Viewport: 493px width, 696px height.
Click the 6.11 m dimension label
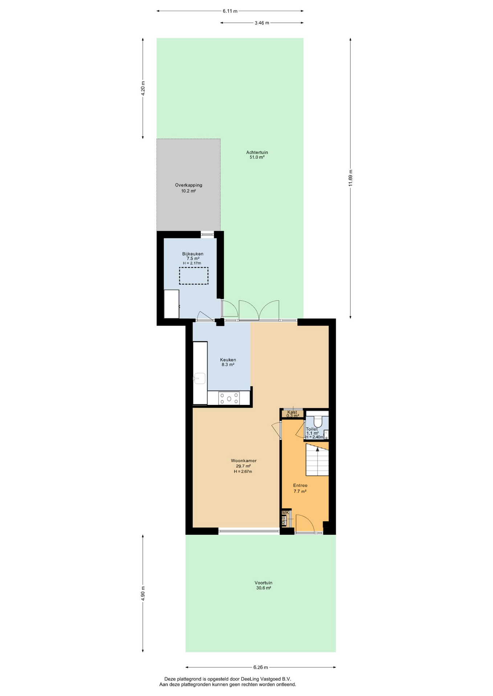tap(230, 11)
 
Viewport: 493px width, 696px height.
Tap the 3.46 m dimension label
tap(262, 23)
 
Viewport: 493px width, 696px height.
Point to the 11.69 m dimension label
tap(350, 178)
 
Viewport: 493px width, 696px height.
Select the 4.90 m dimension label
tap(143, 593)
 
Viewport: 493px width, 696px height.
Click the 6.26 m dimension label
tap(261, 667)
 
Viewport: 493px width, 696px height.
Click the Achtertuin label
tap(257, 152)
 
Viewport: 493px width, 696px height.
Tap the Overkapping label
tap(188, 185)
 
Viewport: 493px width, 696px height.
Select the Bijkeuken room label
tap(193, 254)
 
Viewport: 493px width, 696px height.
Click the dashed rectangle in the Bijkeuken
tap(193, 276)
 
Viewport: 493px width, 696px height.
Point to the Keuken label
tap(228, 360)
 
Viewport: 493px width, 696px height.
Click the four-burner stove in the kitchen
tap(229, 398)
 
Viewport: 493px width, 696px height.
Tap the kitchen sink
tap(199, 378)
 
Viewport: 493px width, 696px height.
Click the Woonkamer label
tap(244, 461)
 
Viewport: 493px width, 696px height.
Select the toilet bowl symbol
tap(318, 421)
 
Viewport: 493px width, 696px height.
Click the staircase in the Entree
tap(317, 460)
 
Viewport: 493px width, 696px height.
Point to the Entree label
tap(300, 485)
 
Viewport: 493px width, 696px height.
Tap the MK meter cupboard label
tap(285, 513)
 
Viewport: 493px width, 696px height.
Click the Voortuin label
tap(263, 583)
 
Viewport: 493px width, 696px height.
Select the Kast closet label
tap(292, 412)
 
